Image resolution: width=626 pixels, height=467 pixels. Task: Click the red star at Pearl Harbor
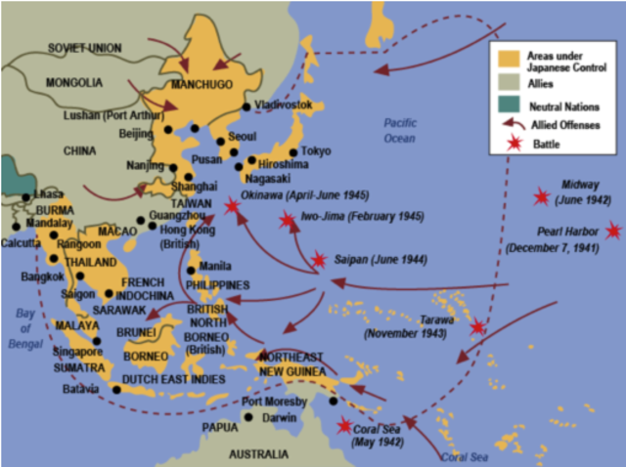[613, 231]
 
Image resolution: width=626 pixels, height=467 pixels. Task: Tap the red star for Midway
[540, 197]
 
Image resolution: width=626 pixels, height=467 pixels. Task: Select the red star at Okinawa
[231, 206]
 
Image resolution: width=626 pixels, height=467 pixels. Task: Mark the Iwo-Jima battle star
[287, 220]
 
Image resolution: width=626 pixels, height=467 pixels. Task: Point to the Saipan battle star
[318, 260]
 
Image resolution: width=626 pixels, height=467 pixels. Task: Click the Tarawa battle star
[477, 327]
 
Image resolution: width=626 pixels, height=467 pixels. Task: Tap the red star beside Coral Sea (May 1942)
[343, 425]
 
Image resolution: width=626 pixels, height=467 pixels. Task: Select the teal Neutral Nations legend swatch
[506, 104]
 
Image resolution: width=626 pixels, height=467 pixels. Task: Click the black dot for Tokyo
[292, 152]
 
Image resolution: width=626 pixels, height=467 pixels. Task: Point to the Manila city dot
[190, 270]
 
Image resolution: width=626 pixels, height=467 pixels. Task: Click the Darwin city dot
[249, 417]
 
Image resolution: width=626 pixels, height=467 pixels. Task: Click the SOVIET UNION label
[85, 46]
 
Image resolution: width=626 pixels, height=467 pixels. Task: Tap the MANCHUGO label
[201, 84]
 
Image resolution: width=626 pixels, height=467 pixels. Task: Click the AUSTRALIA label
[258, 454]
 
